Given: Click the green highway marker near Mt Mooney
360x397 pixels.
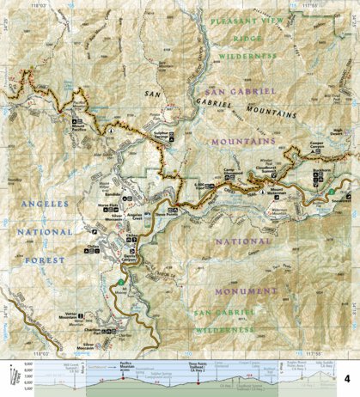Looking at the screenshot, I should coord(121,282).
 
